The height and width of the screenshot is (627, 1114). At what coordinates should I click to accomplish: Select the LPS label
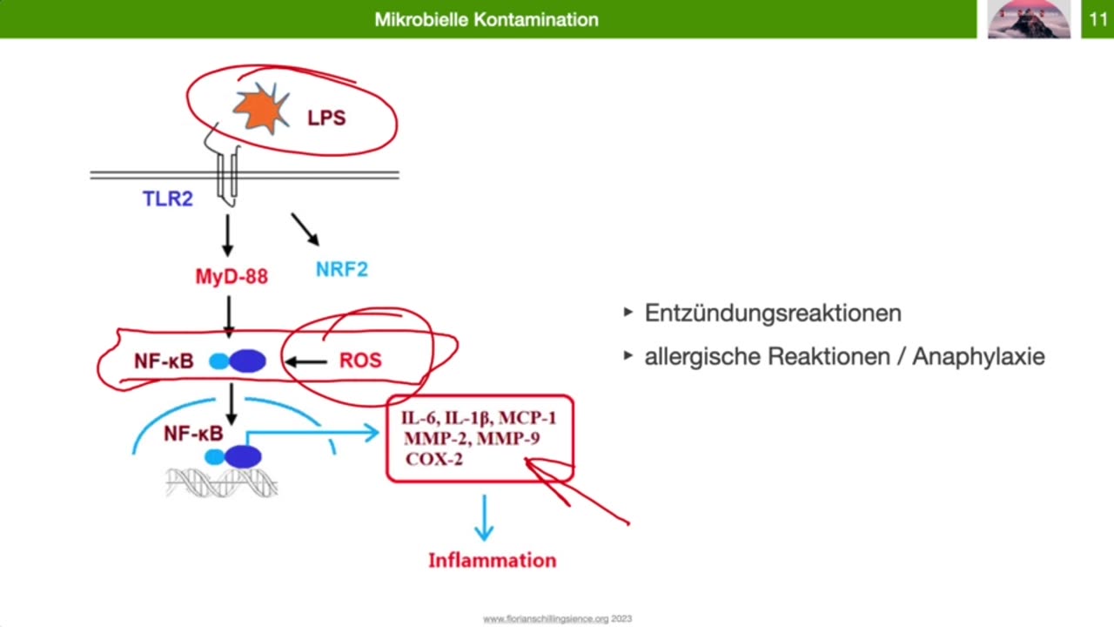(326, 118)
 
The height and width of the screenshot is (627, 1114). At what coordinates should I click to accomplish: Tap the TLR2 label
(168, 199)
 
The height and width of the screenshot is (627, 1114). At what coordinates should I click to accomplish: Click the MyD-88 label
(232, 277)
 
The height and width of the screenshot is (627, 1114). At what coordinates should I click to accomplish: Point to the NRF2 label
(341, 269)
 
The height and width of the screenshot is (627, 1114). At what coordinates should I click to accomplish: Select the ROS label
(360, 361)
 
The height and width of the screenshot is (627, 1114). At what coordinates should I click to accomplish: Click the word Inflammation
(492, 560)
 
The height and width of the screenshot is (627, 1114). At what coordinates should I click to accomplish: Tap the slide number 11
(1097, 19)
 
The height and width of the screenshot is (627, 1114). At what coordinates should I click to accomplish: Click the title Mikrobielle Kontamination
(487, 19)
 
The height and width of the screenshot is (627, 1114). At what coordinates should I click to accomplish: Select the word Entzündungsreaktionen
(773, 313)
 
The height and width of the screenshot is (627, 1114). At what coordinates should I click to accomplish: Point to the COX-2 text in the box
(434, 459)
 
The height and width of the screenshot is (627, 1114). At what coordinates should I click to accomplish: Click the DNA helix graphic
(222, 482)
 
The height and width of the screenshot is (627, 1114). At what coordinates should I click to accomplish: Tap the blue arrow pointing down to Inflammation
(484, 517)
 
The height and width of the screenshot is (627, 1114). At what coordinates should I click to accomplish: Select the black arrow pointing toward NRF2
(305, 229)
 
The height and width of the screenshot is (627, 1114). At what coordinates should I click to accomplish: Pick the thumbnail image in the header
(1029, 19)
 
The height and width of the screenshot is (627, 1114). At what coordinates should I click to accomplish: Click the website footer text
(557, 619)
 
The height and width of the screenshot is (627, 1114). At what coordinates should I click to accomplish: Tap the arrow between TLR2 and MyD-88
(228, 235)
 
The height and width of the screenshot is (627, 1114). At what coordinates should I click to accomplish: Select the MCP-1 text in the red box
(527, 418)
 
